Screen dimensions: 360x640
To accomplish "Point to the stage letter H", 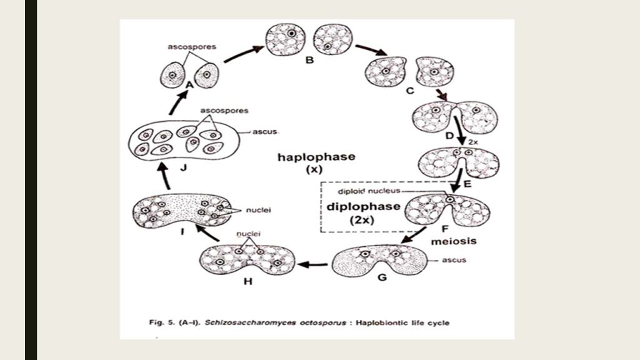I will (247, 281).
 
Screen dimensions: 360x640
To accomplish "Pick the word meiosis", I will (454, 241).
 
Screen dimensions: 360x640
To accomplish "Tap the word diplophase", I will (362, 206).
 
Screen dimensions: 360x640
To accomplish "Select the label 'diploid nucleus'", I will (362, 191).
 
